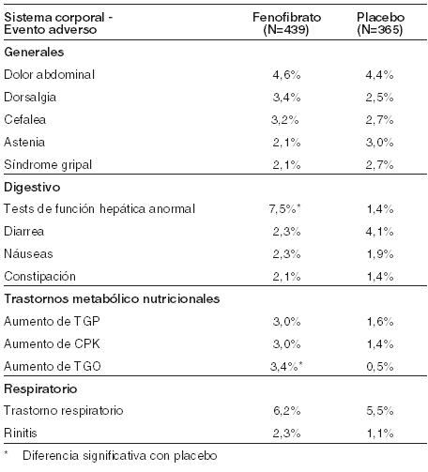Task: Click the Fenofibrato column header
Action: (x=286, y=23)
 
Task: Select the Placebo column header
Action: (x=380, y=23)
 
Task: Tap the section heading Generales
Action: (x=34, y=52)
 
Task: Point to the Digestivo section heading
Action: (x=32, y=188)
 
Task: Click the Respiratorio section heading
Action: (x=40, y=389)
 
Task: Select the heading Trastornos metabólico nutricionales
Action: (x=112, y=299)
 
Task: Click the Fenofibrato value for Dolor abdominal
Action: (x=286, y=75)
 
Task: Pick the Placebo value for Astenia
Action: (x=380, y=143)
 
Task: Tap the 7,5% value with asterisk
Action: (x=284, y=209)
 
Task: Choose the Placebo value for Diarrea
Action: (x=380, y=232)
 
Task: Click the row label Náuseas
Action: (x=28, y=253)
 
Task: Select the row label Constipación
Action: (x=39, y=277)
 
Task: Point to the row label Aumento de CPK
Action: (x=52, y=344)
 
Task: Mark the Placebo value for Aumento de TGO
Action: (x=380, y=367)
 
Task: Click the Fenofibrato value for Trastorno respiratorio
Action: (x=287, y=411)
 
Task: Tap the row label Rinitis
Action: (x=21, y=434)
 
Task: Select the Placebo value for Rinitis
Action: (x=380, y=434)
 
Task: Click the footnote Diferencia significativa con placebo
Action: (x=120, y=456)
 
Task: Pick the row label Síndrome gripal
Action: (x=48, y=165)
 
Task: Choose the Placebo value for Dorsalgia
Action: (x=380, y=98)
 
